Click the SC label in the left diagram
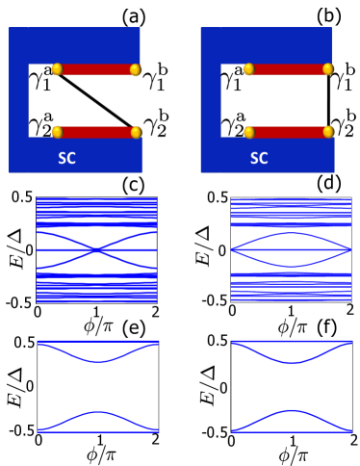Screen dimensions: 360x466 tap(66, 158)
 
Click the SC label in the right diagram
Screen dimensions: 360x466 tap(259, 158)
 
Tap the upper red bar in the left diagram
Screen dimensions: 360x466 tap(96, 69)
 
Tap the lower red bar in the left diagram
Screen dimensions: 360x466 tap(96, 132)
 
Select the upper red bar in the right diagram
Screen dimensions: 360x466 tap(289, 69)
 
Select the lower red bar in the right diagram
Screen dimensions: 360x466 tap(289, 132)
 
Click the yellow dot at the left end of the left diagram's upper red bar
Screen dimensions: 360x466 tap(57, 69)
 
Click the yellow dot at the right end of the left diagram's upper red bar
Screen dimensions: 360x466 tap(136, 69)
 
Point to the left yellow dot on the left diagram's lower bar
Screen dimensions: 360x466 tap(57, 132)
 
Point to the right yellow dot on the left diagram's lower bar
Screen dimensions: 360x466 tap(136, 132)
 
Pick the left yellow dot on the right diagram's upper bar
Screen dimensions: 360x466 tap(248, 69)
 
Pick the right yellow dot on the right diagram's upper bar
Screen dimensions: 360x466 tap(328, 69)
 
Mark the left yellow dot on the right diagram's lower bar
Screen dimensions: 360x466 tap(248, 132)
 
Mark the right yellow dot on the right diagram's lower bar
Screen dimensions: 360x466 tap(328, 132)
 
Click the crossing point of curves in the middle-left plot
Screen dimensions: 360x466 tap(96, 250)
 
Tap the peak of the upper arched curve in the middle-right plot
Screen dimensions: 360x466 tap(291, 234)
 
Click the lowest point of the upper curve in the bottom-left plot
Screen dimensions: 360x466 tap(97, 362)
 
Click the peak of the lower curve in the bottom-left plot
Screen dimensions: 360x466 tap(97, 411)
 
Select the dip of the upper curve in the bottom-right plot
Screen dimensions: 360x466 tap(291, 362)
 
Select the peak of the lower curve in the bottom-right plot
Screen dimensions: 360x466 tap(291, 411)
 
